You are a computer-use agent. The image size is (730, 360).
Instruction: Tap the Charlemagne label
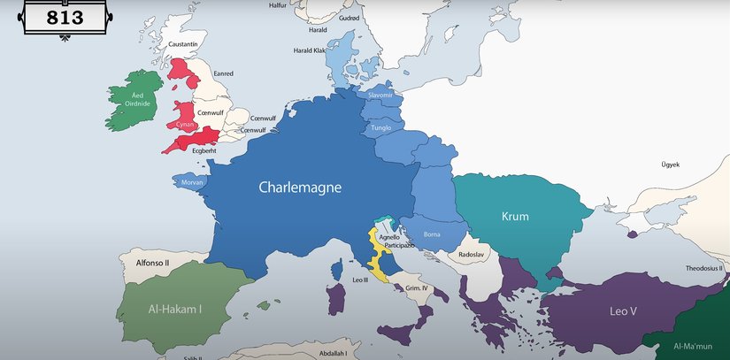[300, 188]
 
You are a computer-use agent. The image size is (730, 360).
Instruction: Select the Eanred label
[223, 73]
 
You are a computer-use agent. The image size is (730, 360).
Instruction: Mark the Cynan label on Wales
[186, 125]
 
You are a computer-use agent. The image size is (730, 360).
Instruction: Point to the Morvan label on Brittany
[192, 182]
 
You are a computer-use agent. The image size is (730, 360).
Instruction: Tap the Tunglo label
[381, 128]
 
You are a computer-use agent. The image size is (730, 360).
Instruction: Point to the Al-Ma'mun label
[695, 346]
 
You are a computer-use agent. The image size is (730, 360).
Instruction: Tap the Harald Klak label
[309, 50]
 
